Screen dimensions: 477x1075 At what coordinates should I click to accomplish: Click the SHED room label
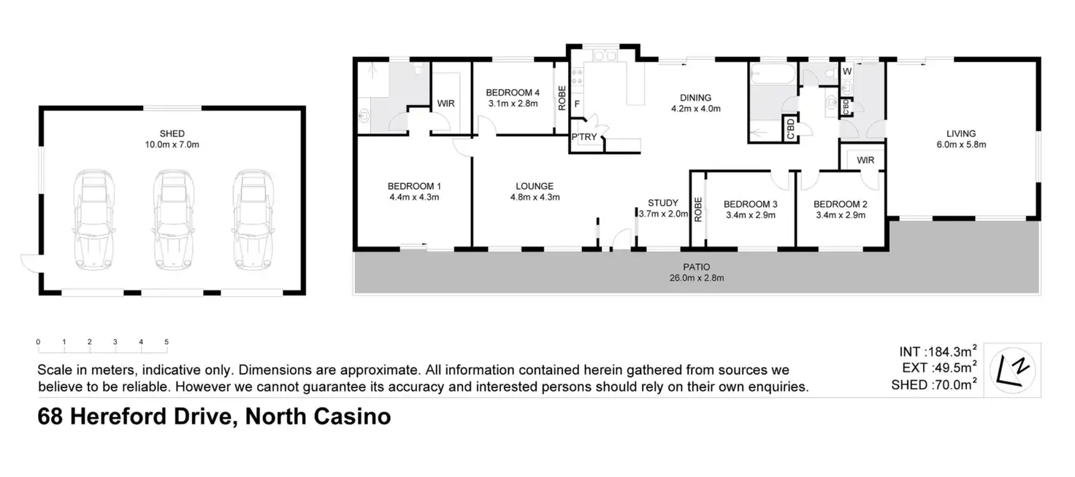[172, 133]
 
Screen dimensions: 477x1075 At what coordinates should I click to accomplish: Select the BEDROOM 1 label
[413, 185]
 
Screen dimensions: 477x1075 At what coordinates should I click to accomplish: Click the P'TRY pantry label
[584, 139]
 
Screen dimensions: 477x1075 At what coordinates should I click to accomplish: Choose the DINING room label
[695, 98]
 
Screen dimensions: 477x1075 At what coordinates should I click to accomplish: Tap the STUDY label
[663, 203]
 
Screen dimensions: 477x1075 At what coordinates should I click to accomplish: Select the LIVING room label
[960, 133]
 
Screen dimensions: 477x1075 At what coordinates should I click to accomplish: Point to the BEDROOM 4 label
[513, 93]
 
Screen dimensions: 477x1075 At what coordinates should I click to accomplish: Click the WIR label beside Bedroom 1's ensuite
[445, 104]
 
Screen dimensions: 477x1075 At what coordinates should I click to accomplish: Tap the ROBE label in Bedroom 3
[699, 209]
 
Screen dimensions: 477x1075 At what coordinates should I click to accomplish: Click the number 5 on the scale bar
[167, 341]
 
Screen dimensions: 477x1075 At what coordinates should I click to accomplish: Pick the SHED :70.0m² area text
[934, 385]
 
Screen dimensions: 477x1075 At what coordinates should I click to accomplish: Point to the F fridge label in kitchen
[576, 104]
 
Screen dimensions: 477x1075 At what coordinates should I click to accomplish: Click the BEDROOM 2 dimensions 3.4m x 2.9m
[840, 215]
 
